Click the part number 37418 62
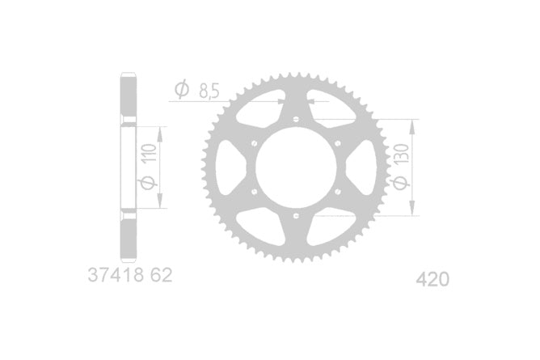tap(130, 275)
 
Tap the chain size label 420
tap(432, 279)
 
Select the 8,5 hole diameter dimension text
tap(209, 91)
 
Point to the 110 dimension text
tap(150, 153)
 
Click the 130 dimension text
tap(402, 154)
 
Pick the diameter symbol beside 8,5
tap(182, 90)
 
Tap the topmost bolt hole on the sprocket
tap(296, 119)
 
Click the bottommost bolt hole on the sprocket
tap(296, 216)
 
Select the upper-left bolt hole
tap(255, 143)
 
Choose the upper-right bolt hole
tap(338, 143)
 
